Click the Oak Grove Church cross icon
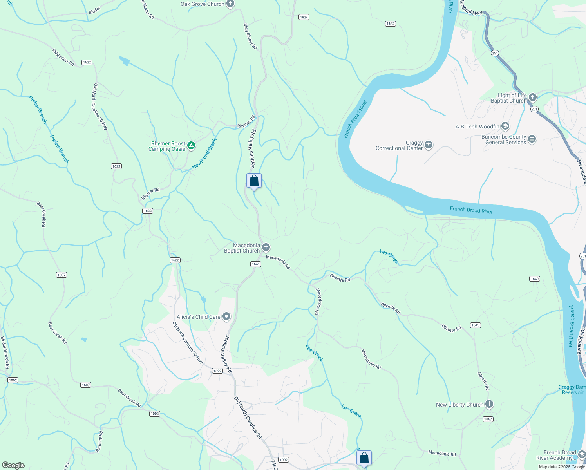click(230, 4)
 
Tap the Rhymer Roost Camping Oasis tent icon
click(191, 146)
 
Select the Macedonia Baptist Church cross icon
click(266, 247)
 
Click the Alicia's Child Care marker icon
click(226, 316)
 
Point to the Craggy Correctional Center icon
click(429, 145)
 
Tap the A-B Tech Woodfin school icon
click(505, 126)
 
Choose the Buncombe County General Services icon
click(532, 139)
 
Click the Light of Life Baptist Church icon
click(532, 97)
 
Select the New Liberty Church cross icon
click(489, 404)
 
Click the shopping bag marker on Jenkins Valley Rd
click(254, 181)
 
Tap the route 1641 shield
click(256, 264)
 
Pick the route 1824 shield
click(304, 17)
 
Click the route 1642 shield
click(390, 23)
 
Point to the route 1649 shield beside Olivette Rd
click(475, 325)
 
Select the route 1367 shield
click(488, 419)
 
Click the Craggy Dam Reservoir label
click(572, 390)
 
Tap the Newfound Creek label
click(204, 154)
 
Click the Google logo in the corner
click(13, 465)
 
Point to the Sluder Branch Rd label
click(5, 352)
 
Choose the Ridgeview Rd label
click(63, 57)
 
